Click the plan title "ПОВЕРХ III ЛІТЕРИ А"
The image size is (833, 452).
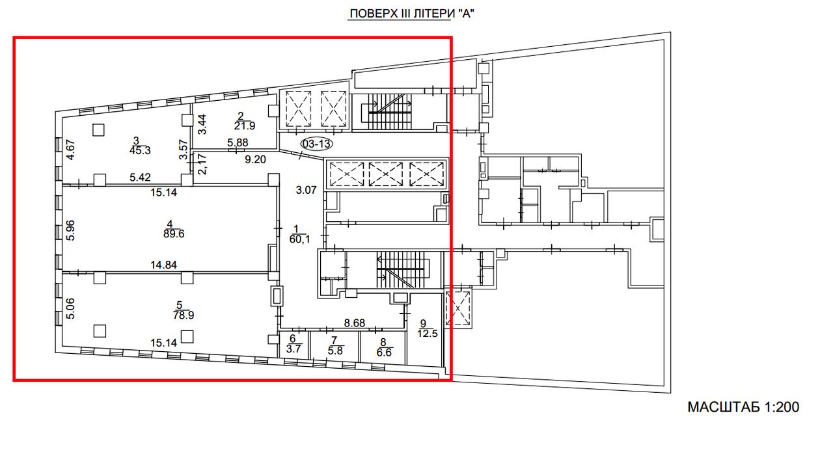point(412,14)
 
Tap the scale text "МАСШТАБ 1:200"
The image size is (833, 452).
point(743,407)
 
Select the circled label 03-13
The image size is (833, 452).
point(316,144)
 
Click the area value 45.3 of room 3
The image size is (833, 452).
point(140,150)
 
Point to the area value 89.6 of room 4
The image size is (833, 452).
point(174,234)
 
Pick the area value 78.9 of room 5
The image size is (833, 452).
point(184,315)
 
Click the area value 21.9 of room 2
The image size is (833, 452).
point(245,126)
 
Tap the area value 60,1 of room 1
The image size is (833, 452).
point(299,239)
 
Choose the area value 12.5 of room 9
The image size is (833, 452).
point(428,334)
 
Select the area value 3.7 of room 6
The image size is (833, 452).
point(294,349)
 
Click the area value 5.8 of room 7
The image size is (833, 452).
point(335,351)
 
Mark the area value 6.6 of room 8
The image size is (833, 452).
point(384,352)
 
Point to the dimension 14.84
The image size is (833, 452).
point(163,265)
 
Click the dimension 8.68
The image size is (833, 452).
point(355,323)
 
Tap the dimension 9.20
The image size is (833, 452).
point(255,159)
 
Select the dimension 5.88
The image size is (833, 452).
point(238,142)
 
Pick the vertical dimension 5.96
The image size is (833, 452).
point(70,230)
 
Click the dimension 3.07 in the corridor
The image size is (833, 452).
point(306,190)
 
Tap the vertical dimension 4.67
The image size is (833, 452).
point(70,150)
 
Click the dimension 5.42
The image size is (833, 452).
point(140,178)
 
